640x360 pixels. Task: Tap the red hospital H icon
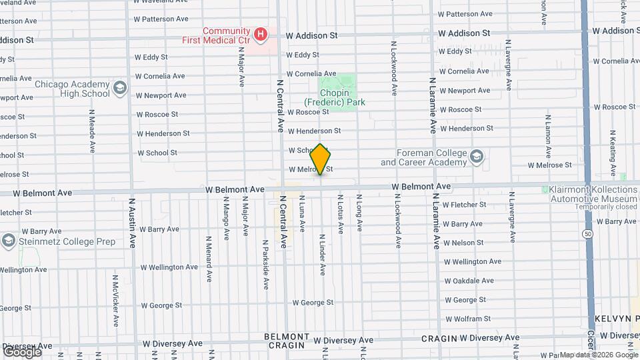261,33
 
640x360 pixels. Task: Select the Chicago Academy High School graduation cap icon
119,88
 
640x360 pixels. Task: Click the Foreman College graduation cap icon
476,157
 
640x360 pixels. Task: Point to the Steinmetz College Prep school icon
8,240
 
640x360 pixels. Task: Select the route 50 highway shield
587,234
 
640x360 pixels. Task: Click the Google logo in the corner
22,351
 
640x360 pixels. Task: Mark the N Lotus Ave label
340,214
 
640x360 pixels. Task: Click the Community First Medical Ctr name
216,35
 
